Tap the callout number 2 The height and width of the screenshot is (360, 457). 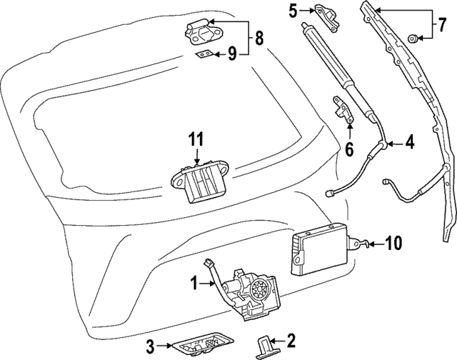pos(291,340)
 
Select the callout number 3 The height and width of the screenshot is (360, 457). pos(150,348)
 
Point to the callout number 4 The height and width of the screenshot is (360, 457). pos(410,142)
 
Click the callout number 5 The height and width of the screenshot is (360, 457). pos(292,10)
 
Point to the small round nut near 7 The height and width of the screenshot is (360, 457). pos(413,36)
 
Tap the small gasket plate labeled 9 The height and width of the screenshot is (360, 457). pos(205,55)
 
